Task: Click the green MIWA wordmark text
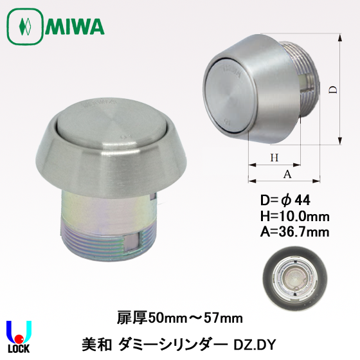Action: (x=75, y=27)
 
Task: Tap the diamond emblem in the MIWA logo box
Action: (x=25, y=26)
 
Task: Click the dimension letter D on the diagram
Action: (x=334, y=89)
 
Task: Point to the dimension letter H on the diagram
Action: (x=274, y=157)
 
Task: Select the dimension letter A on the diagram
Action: (x=287, y=174)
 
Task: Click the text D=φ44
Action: (x=285, y=200)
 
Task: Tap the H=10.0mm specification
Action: (x=295, y=216)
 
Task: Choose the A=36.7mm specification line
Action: (x=295, y=232)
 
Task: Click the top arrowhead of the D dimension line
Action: (x=340, y=38)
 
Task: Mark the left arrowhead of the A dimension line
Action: (x=252, y=181)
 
